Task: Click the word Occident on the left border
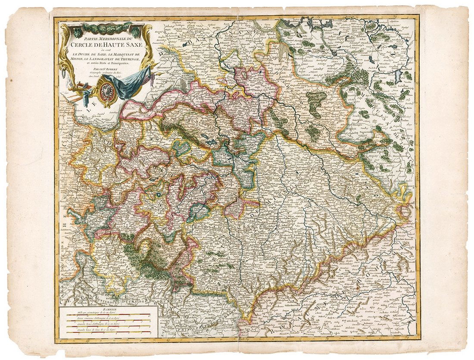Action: point(56,181)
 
